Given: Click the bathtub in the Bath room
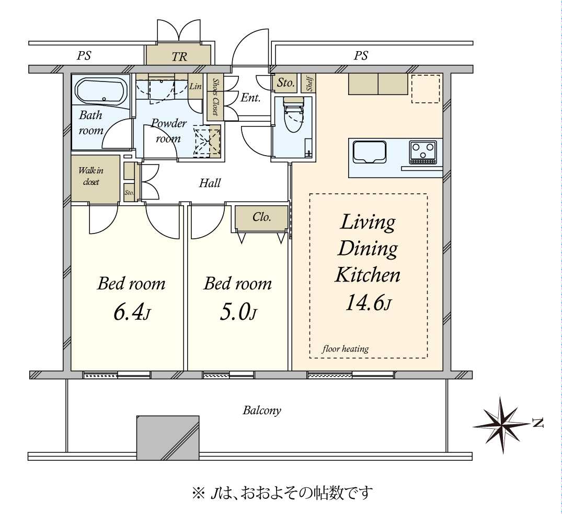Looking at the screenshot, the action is coord(101,91).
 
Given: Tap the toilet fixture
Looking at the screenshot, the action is coord(293,114).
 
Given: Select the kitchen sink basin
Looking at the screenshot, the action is coord(370,152).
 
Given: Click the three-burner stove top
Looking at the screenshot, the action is coord(423,152).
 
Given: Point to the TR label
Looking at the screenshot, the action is coord(179,56).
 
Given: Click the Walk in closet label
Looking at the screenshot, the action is coord(90,176).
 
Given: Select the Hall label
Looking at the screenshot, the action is coord(210,183).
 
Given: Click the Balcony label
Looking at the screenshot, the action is coord(261,410).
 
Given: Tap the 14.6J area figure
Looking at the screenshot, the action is coord(368,302).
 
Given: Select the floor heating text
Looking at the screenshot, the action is coord(345,348).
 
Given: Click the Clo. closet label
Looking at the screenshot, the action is coord(261,217).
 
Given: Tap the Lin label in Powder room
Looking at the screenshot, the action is coord(196,86).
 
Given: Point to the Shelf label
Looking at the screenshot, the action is coord(309,83).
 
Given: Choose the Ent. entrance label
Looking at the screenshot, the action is coord(250,98).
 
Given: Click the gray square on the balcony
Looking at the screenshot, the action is coord(168,438).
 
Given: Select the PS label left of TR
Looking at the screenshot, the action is coord(84,55).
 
